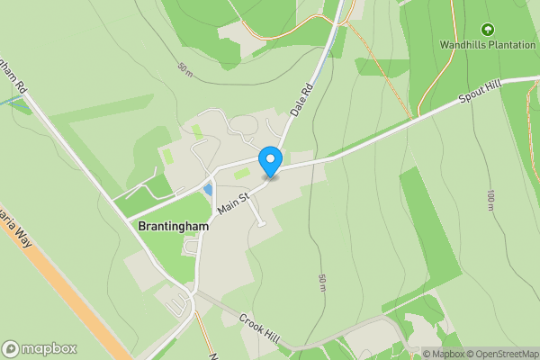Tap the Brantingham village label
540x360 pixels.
click(174, 227)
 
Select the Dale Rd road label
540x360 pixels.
click(301, 99)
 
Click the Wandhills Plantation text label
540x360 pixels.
click(487, 44)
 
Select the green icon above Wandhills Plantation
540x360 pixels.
click(488, 30)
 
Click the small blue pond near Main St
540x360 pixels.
click(209, 190)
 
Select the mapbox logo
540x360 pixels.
click(39, 348)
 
